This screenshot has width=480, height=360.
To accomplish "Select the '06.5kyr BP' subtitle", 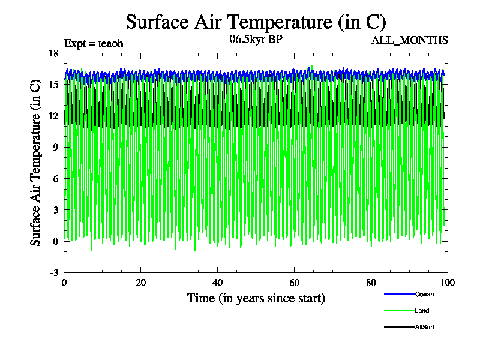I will pos(256,40).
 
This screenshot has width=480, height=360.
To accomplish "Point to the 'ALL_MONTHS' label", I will pos(418,40).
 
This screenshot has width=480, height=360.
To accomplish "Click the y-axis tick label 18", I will pos(53,53).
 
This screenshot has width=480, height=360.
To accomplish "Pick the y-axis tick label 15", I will pos(53,85).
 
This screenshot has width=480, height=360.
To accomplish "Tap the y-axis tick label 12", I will pos(53,116).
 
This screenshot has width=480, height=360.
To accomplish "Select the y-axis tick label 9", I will pos(56,147).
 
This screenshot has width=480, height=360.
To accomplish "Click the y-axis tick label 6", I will pos(56,179).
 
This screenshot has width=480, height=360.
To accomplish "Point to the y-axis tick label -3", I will pos(54,272).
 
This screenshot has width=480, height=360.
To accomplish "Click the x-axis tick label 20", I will pos(140,283).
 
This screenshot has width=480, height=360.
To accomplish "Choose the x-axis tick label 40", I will pos(217,283).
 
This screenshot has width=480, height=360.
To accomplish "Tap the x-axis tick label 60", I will pos(294,283).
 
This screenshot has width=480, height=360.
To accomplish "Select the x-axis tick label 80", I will pos(371,283).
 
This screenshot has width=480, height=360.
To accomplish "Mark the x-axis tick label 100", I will pos(448,283).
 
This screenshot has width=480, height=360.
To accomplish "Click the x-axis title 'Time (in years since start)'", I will pos(256,298).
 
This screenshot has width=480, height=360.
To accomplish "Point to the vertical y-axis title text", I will pos(36,162).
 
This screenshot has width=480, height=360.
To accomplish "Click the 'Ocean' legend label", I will pos(424,294).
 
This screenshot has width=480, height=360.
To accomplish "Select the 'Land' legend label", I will pos(422,311).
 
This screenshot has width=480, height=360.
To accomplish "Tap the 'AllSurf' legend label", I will pos(424,327).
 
